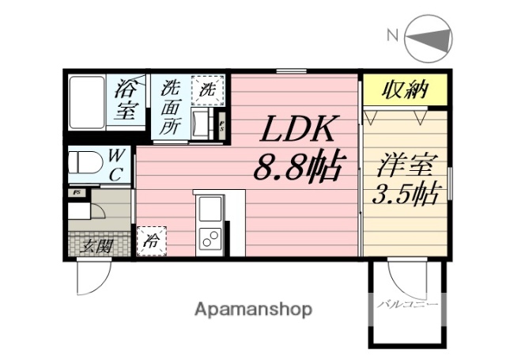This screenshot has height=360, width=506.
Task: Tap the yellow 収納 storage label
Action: pyautogui.click(x=405, y=91)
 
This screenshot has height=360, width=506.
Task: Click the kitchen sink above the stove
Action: pyautogui.click(x=210, y=210)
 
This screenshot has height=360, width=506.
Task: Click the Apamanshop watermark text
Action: pyautogui.click(x=253, y=309)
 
